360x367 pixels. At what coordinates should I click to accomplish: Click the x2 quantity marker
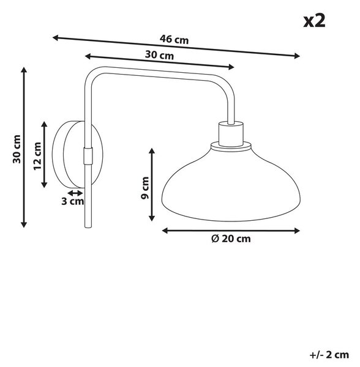314,21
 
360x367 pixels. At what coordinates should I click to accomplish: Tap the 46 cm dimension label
174,39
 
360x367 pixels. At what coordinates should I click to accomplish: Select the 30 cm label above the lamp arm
159,55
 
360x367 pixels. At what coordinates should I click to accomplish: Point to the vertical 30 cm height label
17,149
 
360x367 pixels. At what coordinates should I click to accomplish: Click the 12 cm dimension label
37,156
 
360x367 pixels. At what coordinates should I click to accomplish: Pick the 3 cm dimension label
73,201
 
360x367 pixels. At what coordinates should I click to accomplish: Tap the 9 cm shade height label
145,188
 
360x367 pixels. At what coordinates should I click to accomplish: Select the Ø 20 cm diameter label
231,239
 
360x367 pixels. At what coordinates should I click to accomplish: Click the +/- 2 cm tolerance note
329,355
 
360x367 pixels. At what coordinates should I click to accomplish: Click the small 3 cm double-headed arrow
75,193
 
